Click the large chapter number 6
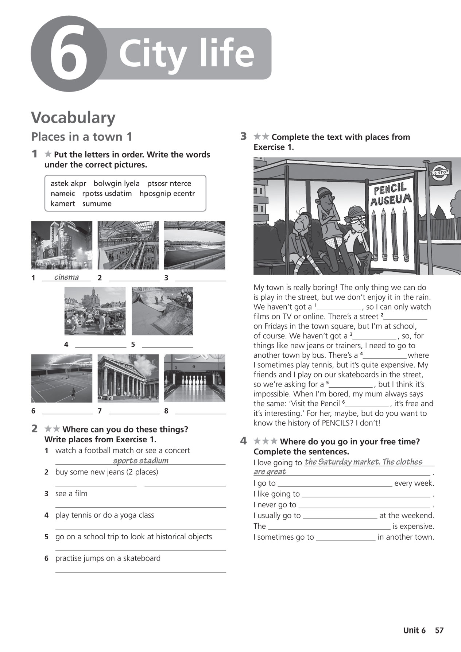69,54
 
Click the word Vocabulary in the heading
73,118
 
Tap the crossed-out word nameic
63,194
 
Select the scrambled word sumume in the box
97,203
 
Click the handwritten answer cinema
66,277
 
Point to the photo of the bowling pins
194,378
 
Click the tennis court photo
62,378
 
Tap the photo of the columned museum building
128,378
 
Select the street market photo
95,311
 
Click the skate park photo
162,311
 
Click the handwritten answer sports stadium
141,461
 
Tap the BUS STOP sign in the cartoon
439,172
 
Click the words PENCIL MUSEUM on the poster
391,194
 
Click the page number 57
439,630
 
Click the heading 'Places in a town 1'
81,137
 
